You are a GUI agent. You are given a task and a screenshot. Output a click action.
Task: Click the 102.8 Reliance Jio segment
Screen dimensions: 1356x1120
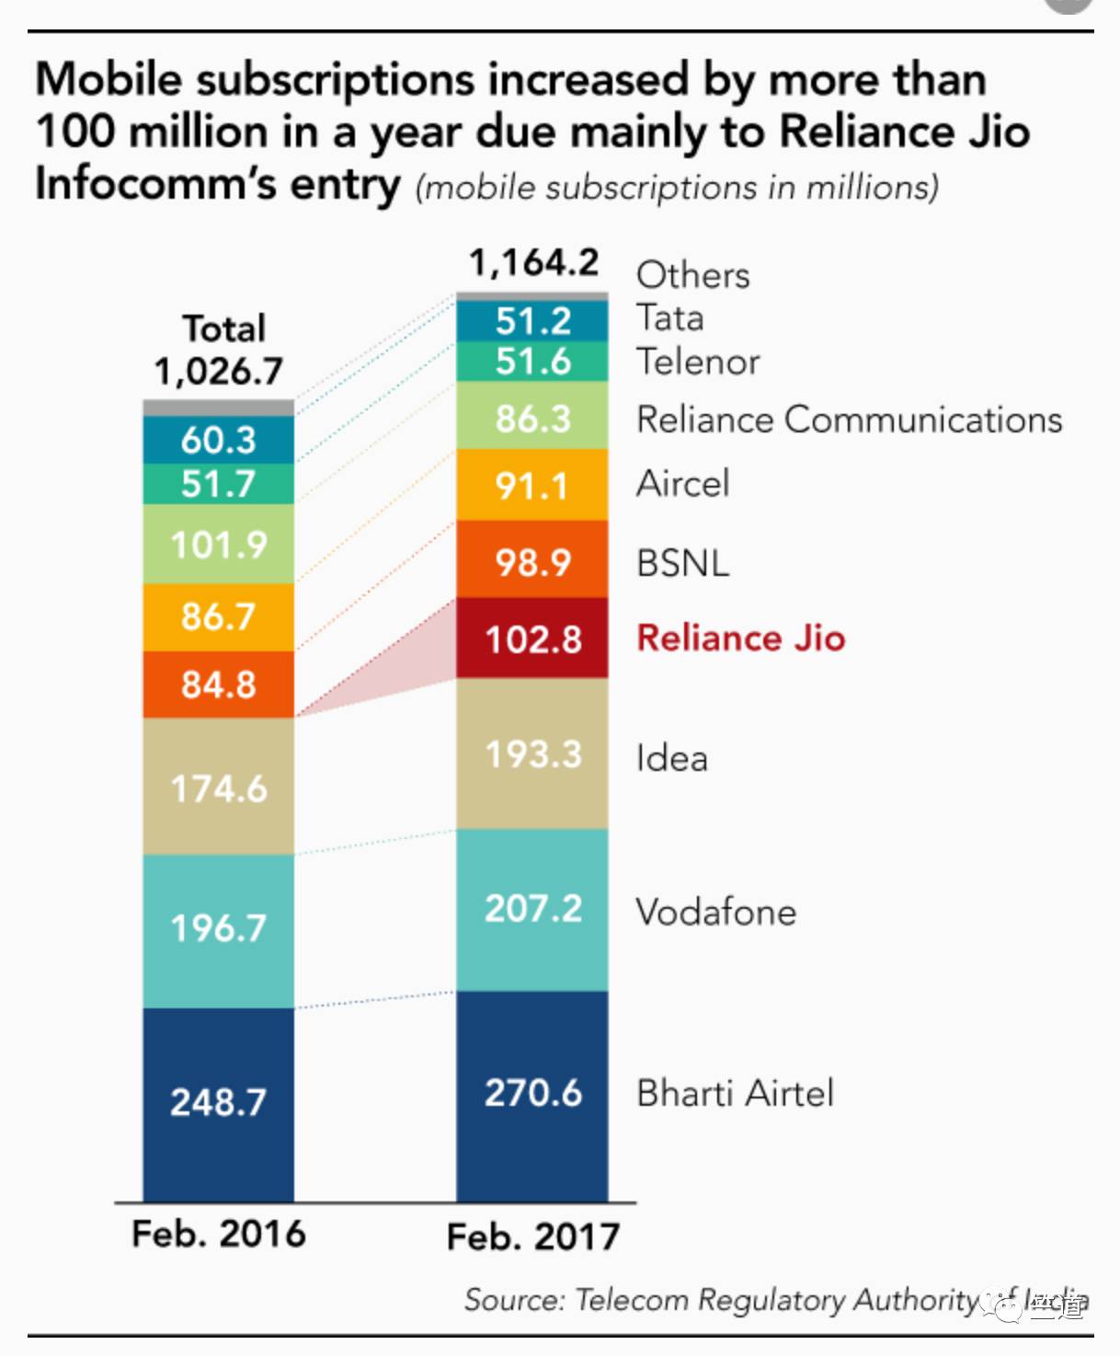pos(532,638)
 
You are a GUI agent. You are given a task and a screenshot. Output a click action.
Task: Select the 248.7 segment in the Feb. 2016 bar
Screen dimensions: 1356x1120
pos(219,1102)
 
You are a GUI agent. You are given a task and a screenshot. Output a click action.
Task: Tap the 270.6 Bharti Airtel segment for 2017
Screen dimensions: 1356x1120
pos(532,1094)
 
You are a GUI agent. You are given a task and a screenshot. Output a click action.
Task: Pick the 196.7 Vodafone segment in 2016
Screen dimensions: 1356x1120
pos(219,928)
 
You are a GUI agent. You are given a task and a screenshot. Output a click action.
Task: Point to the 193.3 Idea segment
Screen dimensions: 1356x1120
pos(532,754)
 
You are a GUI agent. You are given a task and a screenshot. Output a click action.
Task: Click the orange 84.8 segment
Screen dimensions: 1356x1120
pos(219,684)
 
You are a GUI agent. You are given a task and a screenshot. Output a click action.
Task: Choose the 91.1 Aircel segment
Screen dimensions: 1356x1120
pos(532,485)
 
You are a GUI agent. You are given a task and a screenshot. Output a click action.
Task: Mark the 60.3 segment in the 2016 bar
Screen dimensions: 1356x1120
pos(219,440)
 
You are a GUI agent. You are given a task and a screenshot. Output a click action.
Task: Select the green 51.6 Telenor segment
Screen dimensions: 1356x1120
pos(532,362)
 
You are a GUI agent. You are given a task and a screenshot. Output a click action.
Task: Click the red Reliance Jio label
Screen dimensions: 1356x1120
pos(740,638)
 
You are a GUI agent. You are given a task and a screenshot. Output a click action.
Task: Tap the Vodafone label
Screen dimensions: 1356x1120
pos(715,913)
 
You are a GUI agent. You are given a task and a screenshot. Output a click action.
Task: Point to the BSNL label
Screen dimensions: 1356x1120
pos(682,563)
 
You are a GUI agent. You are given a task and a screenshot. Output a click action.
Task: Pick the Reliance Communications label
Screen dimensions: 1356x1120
pos(849,419)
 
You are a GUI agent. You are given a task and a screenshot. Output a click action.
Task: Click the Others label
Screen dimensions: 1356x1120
pos(692,275)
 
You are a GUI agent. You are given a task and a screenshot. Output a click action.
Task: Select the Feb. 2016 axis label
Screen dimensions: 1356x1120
pos(219,1234)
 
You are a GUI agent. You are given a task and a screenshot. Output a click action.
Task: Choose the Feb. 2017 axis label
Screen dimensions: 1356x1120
pos(533,1237)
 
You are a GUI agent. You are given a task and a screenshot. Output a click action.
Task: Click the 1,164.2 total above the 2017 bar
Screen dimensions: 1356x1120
pos(533,263)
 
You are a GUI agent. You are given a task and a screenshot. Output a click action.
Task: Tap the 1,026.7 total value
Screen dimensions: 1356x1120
pos(219,372)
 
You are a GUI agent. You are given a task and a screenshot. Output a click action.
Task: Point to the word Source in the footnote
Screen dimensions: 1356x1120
pos(511,1300)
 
